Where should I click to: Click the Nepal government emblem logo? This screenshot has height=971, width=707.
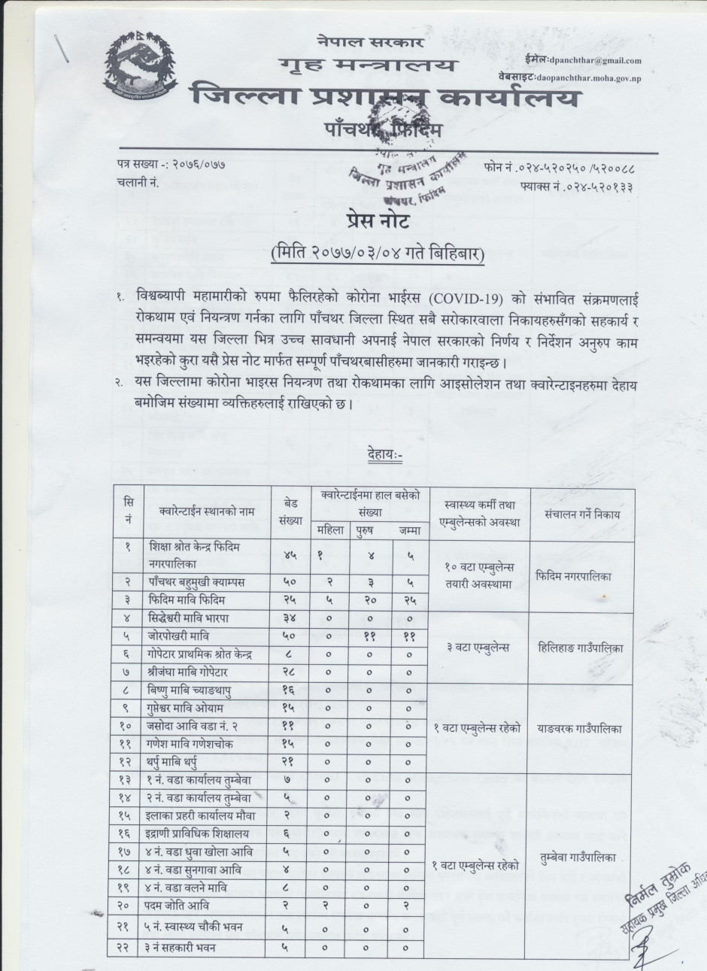(x=147, y=69)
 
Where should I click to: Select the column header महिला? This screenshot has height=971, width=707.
(x=331, y=530)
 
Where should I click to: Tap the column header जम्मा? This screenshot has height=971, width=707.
(x=407, y=530)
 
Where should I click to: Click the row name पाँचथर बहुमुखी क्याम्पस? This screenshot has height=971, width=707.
(x=197, y=582)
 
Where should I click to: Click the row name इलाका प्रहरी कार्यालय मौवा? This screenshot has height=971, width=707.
(x=199, y=814)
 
